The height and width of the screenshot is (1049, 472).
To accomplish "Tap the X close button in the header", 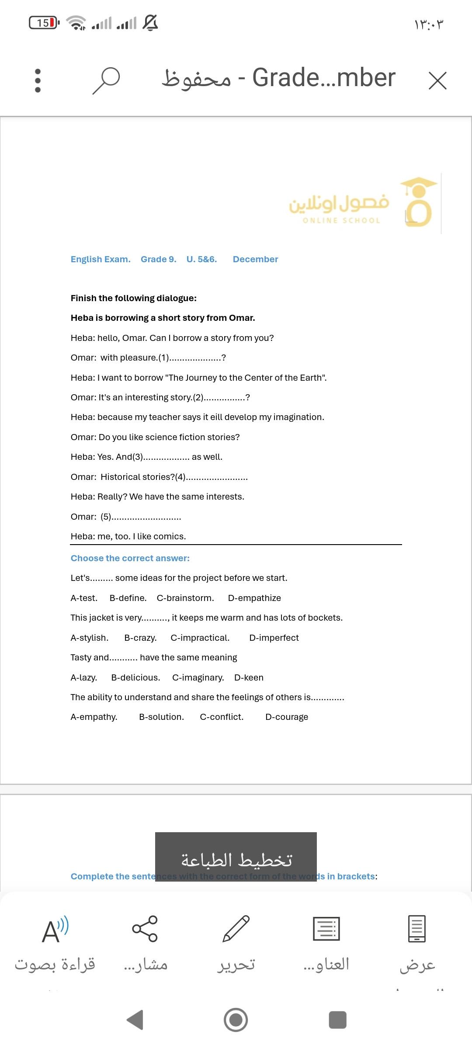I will pos(437,81).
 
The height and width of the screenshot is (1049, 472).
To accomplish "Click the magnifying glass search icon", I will pos(106,80).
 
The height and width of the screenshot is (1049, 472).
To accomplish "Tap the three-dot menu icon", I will pos(38,81).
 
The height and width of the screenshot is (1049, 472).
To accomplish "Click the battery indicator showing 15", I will pos(44,23).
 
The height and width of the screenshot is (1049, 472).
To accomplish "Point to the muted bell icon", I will pos(150,23).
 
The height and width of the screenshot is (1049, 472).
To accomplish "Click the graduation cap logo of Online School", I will pos(418,202).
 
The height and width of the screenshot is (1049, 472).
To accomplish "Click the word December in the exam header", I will pos(255,259).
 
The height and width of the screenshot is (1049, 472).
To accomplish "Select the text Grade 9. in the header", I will pos(158,259).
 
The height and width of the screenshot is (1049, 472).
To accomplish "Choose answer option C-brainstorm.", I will pos(185,598).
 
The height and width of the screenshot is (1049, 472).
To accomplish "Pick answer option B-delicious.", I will pos(135,677).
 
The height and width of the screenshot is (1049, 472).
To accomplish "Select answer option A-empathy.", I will pos(94,717).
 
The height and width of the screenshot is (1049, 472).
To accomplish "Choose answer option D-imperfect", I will pos(274,638).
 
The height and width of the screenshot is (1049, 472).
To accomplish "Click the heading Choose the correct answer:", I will pos(130,558).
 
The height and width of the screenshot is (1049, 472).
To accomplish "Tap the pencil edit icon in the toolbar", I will pos(236,929).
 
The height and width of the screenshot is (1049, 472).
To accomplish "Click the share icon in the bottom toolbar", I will pos(145,929).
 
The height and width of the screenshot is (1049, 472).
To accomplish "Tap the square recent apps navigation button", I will pos(337,1020).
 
